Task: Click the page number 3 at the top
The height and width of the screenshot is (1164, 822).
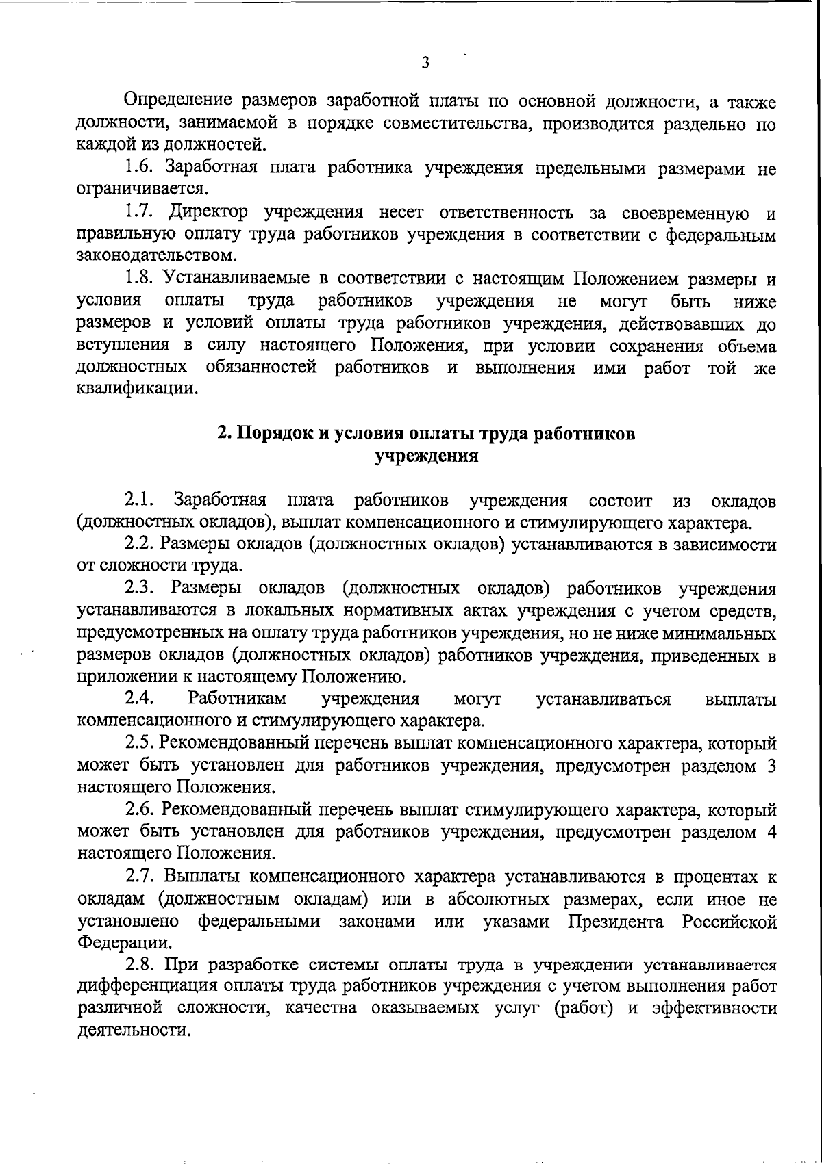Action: pyautogui.click(x=425, y=64)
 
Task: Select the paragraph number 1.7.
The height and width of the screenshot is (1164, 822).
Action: pyautogui.click(x=142, y=214)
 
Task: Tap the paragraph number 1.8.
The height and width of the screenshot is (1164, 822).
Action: pyautogui.click(x=142, y=279)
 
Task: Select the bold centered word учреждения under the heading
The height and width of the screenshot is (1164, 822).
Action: pyautogui.click(x=425, y=456)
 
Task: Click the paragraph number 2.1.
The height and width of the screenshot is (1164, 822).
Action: pyautogui.click(x=142, y=500)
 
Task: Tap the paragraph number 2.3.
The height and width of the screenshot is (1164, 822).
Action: pyautogui.click(x=142, y=589)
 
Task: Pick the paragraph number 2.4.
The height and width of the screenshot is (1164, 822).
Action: pyautogui.click(x=142, y=699)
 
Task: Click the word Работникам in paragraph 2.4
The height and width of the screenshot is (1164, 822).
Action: pyautogui.click(x=237, y=699)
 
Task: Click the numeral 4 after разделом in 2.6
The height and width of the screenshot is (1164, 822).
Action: pyautogui.click(x=771, y=833)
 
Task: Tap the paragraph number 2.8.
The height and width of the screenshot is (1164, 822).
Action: pyautogui.click(x=142, y=966)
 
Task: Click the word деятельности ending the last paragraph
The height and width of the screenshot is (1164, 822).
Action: pyautogui.click(x=131, y=1031)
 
